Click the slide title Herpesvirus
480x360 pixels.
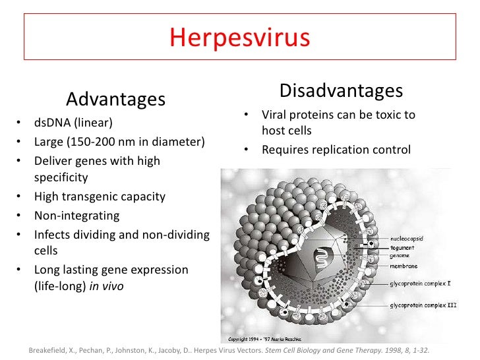pos(239,38)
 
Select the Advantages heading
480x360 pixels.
pos(115,100)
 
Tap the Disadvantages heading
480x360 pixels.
pos(341,90)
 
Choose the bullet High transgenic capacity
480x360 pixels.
pos(100,196)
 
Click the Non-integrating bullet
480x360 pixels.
pos(76,215)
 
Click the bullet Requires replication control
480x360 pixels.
pos(336,150)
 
